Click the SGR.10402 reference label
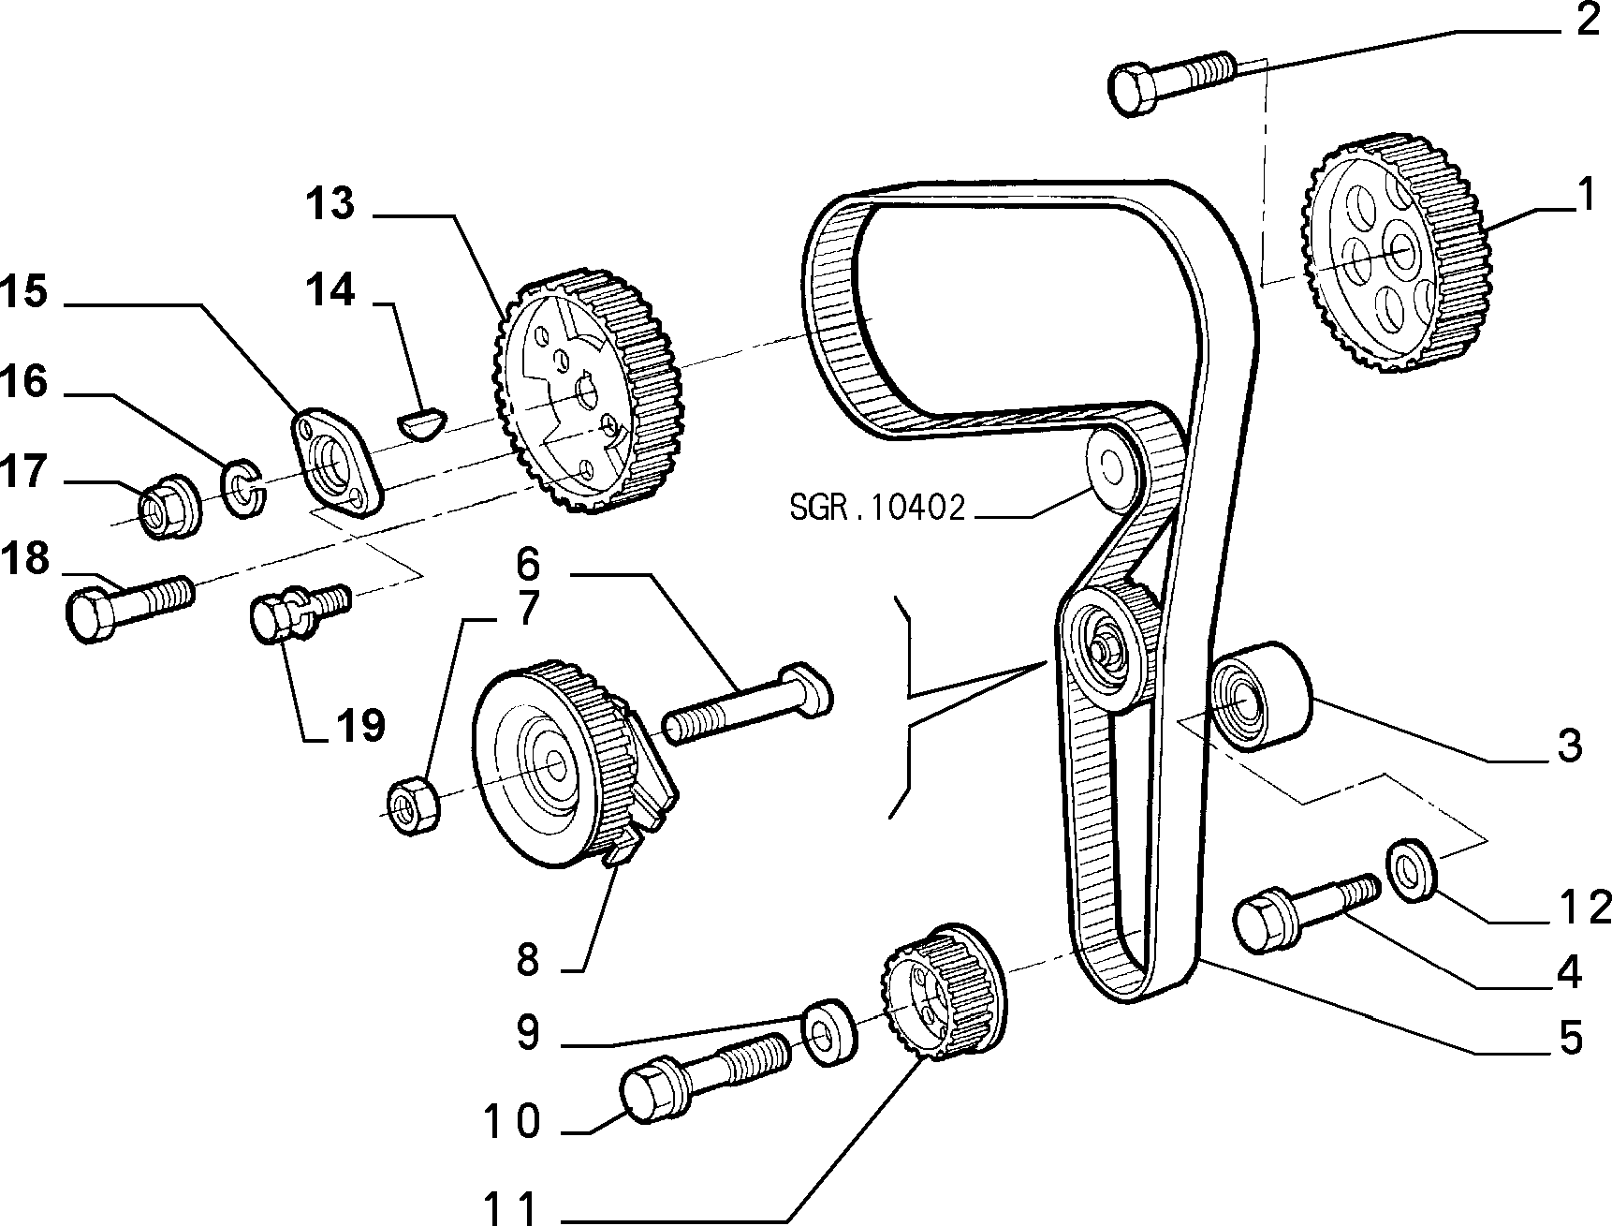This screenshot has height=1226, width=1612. click(876, 509)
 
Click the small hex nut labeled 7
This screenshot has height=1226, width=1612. click(413, 802)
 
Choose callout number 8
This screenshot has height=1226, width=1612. click(528, 960)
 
